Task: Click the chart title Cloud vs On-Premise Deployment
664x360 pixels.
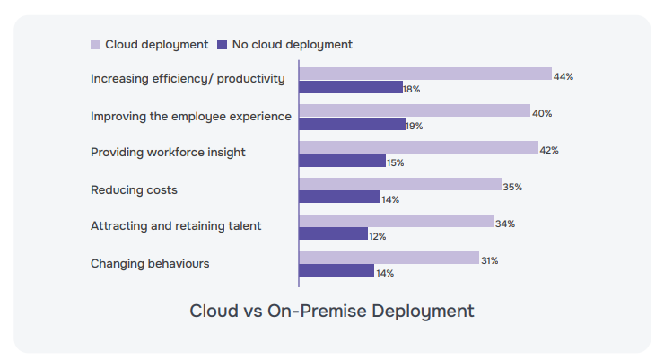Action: coord(331,312)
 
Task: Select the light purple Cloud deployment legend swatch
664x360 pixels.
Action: coord(95,44)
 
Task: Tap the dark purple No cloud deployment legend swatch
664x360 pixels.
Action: coord(222,44)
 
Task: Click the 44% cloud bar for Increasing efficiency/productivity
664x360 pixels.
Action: coord(424,75)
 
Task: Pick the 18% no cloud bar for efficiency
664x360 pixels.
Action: coord(351,88)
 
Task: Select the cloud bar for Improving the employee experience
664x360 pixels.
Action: coord(415,111)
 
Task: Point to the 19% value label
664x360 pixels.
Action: coord(415,127)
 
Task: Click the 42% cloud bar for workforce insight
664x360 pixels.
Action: coord(418,148)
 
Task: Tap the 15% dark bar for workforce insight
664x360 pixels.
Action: coord(342,162)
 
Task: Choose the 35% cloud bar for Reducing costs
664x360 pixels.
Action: coord(400,185)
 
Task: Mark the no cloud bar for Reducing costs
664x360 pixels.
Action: coord(339,198)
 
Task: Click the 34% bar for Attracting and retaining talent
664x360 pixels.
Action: coord(396,222)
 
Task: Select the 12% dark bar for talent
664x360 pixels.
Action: coord(333,234)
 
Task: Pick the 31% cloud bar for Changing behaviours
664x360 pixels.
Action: coord(389,259)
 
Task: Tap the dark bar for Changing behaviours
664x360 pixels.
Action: coord(336,271)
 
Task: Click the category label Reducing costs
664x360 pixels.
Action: coord(134,190)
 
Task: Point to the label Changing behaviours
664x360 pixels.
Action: coord(150,264)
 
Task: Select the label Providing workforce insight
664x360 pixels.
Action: coord(168,153)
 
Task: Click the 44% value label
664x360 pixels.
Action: coord(564,77)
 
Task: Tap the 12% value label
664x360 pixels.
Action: coord(378,236)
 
